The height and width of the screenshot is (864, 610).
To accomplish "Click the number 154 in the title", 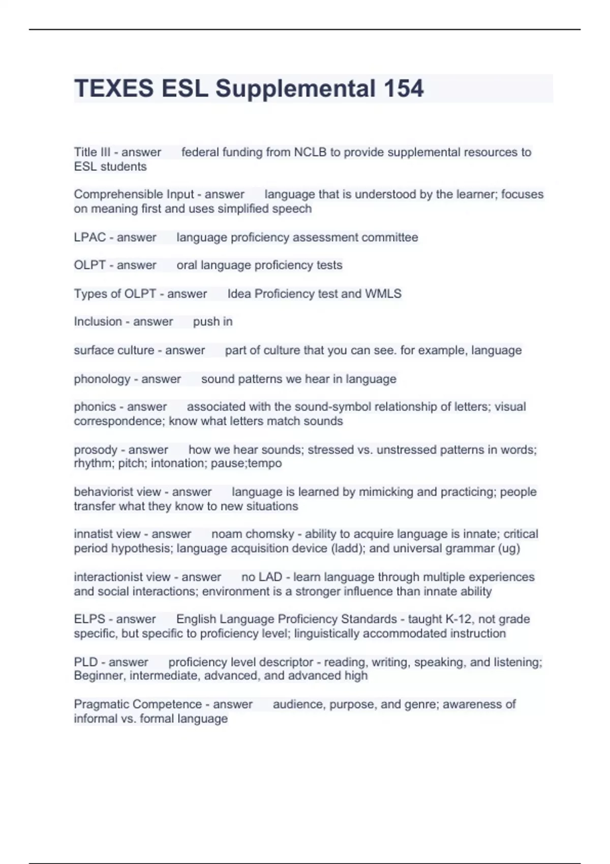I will point(403,88).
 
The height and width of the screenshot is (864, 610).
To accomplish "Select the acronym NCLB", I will point(310,152).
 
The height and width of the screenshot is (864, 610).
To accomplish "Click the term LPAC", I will point(90,237).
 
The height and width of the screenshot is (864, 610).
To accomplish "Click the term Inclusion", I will point(98,322).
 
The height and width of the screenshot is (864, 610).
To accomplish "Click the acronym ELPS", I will point(89,620).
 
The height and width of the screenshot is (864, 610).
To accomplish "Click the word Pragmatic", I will point(101,704).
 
